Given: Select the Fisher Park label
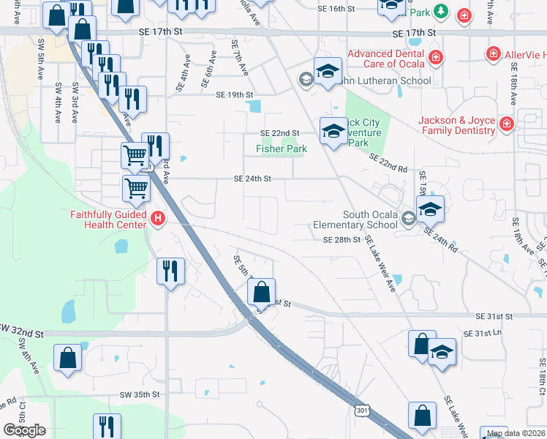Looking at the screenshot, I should click(281, 149).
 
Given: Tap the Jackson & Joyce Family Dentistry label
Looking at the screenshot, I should click(456, 125).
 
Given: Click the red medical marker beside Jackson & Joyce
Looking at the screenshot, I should click(506, 125).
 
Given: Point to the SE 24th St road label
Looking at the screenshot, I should click(252, 179).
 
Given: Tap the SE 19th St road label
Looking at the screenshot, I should click(234, 95).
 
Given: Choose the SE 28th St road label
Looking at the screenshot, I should click(342, 239).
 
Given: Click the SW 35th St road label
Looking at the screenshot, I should click(140, 394).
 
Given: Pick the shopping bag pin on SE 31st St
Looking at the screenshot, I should click(261, 293).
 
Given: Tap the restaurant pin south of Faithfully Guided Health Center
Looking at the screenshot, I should click(170, 271).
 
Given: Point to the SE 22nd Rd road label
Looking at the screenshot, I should click(388, 163).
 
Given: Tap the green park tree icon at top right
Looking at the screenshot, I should click(440, 11).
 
